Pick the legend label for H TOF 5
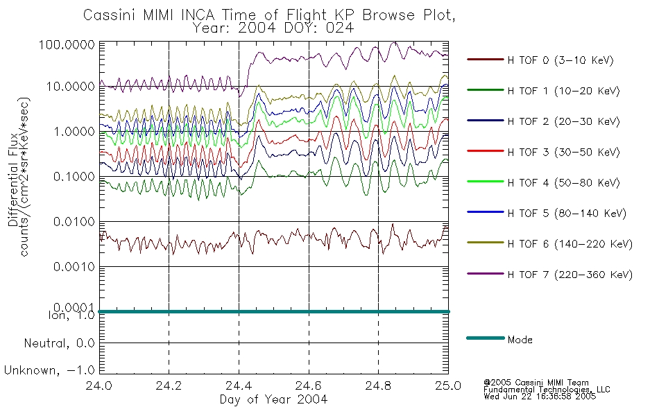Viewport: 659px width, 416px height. pos(567,214)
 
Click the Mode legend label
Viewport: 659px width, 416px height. pos(520,340)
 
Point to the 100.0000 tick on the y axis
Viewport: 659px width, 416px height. pos(67,44)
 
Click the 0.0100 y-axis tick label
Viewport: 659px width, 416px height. pos(74,221)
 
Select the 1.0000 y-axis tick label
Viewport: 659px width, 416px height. pos(74,132)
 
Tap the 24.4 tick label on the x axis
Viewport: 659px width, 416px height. pos(239,385)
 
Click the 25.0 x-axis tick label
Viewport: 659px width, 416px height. pos(448,385)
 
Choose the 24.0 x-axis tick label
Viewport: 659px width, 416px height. pos(99,385)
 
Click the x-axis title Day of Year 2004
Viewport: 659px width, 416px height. pos(273,399)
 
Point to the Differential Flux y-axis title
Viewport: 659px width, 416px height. pos(13,180)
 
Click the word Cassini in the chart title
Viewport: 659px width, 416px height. pos(110,15)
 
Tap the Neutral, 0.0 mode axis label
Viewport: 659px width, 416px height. pos(59,344)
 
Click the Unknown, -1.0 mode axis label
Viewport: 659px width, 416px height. pos(49,371)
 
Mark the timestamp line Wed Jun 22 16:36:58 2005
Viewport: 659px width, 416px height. pos(540,397)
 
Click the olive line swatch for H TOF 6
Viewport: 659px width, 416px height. pos(486,243)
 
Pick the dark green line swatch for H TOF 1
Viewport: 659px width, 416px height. pos(486,89)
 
